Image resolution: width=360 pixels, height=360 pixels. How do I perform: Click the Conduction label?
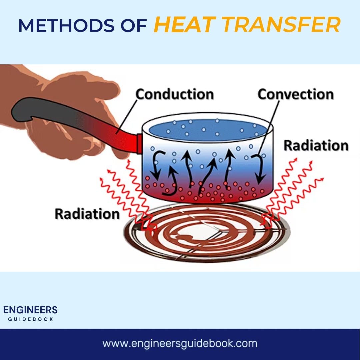pos(174,94)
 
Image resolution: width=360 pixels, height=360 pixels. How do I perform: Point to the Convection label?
pos(295,94)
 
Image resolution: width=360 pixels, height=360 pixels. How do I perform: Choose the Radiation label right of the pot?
pos(316,146)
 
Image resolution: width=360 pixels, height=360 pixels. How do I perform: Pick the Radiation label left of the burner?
pos(87,214)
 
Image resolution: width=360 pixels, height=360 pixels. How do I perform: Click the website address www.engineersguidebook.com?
pos(180,343)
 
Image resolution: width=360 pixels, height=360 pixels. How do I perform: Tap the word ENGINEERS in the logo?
pos(30,310)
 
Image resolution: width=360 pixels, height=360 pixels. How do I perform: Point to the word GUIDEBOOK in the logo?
pos(30,319)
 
